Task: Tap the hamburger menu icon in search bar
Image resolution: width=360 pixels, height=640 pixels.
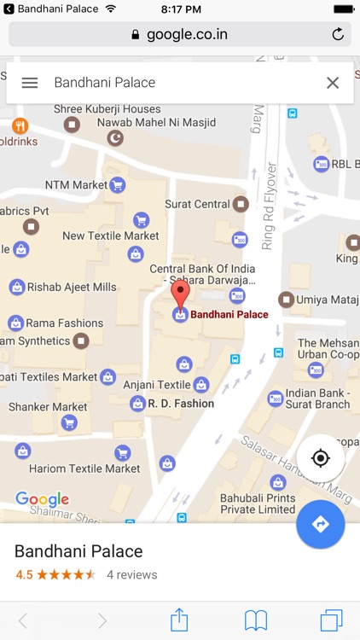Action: pos(30,83)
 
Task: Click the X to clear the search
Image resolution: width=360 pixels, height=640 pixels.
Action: pos(333,83)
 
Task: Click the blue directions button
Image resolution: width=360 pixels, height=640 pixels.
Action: pos(321,524)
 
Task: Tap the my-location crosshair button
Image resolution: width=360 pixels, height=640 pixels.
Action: pos(321,458)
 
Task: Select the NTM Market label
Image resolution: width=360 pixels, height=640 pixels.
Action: pos(77,184)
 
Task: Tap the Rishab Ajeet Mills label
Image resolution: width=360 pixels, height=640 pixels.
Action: pos(72,287)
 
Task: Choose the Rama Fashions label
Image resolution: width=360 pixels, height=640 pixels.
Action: pos(64,323)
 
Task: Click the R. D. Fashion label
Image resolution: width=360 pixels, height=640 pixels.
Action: pos(181,404)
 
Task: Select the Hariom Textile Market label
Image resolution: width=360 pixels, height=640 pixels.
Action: pos(84,468)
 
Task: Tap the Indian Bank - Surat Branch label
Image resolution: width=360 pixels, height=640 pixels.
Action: pos(317,399)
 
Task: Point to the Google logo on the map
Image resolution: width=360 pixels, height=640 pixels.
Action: pos(42,499)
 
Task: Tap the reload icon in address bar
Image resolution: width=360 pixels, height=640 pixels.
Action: pos(338,35)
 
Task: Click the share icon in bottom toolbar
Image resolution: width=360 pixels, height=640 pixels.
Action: pos(179,620)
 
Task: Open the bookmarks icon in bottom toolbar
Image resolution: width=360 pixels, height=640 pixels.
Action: pos(256,620)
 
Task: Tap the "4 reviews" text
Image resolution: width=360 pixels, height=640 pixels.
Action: pos(131,574)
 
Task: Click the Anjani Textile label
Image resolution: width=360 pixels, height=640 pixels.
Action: pos(157,385)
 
